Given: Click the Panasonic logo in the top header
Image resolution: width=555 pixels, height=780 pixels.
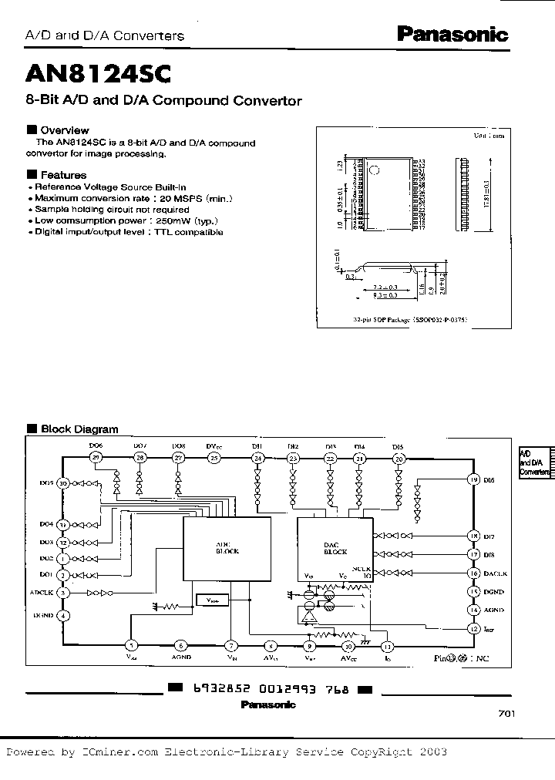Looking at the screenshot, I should click(452, 34).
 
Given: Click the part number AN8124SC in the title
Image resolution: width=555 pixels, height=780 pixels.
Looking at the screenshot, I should click(99, 73).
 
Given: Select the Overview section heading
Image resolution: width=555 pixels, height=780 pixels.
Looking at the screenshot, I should click(64, 130).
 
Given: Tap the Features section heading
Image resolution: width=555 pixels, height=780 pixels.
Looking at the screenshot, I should click(63, 175).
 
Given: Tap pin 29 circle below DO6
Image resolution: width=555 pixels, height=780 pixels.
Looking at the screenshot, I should click(96, 458).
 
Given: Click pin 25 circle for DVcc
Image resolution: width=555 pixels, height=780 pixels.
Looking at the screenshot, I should click(214, 458).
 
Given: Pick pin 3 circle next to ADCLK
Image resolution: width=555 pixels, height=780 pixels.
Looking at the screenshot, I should click(63, 593).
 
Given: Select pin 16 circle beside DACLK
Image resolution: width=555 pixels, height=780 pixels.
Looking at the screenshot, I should click(474, 573).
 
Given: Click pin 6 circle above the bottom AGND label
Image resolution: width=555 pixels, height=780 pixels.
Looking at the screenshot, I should click(180, 646).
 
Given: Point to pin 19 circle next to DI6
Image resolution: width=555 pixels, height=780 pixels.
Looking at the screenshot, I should click(474, 479).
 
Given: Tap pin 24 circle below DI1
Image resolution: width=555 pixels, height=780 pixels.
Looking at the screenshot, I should click(257, 458).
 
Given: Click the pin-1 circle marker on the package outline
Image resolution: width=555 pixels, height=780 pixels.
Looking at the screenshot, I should click(373, 169).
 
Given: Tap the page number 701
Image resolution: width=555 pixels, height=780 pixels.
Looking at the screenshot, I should click(506, 714).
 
